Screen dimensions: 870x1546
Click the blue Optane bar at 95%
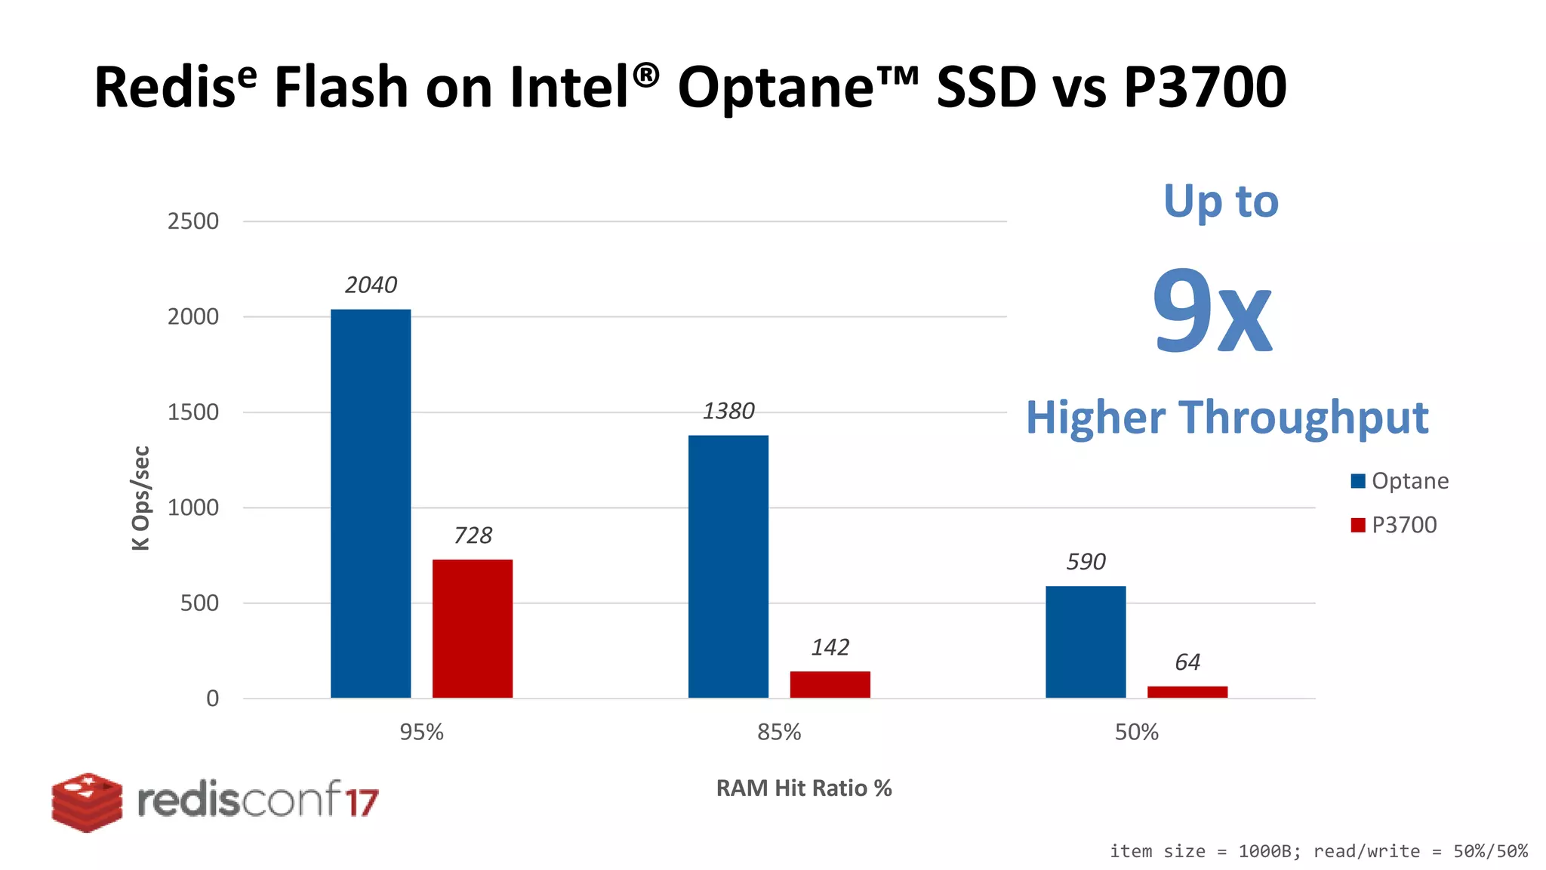click(371, 504)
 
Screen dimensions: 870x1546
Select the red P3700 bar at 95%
click(473, 628)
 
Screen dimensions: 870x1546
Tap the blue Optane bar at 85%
click(728, 566)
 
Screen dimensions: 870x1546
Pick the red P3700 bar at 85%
click(830, 684)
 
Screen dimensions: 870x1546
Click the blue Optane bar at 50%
click(1086, 642)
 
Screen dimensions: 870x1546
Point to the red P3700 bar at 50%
click(1187, 692)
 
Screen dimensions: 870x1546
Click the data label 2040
click(371, 285)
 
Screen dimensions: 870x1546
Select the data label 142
click(830, 647)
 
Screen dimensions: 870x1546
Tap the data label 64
click(1187, 662)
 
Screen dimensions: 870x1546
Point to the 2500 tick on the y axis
click(193, 221)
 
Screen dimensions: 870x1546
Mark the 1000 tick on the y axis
click(193, 507)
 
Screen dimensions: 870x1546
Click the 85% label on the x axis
click(779, 732)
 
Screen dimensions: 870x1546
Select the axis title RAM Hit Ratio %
click(804, 788)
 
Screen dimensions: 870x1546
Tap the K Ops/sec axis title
click(141, 498)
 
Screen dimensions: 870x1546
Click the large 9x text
click(1212, 311)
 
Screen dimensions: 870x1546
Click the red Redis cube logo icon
click(87, 802)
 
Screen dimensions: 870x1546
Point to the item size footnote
click(1318, 851)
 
